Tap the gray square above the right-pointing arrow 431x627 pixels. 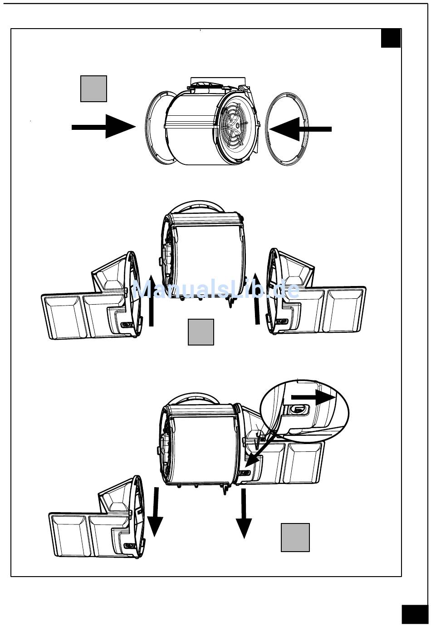click(x=93, y=89)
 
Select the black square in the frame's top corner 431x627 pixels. click(x=391, y=38)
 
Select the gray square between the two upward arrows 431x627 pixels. click(x=201, y=332)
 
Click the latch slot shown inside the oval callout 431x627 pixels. click(x=297, y=409)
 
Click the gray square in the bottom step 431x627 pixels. click(x=295, y=538)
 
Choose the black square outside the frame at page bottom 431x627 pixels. click(x=414, y=614)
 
